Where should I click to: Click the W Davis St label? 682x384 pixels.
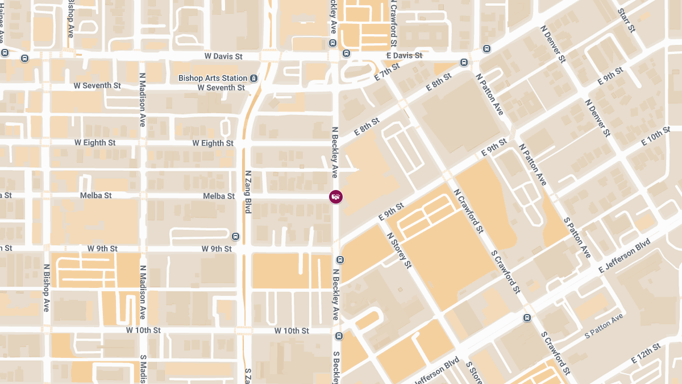pos(223,56)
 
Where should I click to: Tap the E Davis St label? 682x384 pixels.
pos(404,55)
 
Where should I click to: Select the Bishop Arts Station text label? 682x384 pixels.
pos(213,78)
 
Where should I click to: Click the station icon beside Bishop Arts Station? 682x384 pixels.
pos(254,78)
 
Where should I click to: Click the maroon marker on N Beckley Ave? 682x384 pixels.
pos(336,196)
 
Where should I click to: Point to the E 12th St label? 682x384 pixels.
pos(646,353)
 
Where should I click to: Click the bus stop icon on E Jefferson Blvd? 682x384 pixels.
pos(527,317)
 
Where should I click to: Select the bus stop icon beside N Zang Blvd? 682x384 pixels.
pos(235,236)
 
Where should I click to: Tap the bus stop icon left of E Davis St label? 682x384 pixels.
pos(346,53)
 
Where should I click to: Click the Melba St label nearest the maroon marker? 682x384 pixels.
pos(219,196)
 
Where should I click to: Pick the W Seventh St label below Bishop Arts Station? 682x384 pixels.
pos(221,88)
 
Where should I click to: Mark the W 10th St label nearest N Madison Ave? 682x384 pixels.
pos(143,330)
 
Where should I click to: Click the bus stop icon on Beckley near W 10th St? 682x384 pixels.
pos(339,336)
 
